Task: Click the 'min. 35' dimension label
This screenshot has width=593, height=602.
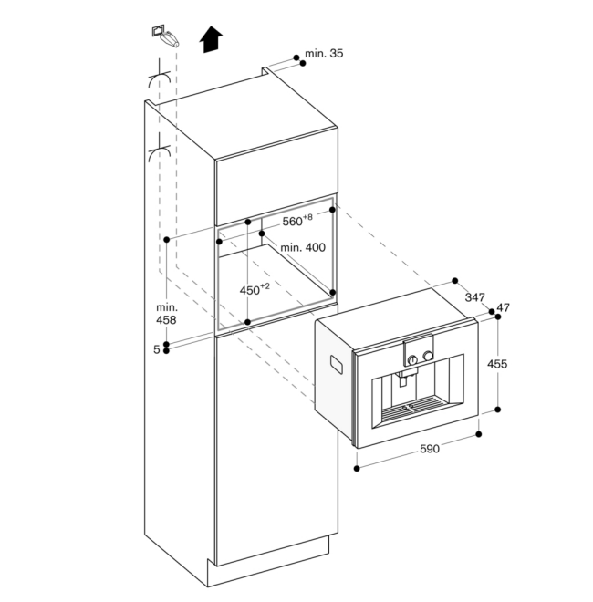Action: (x=324, y=55)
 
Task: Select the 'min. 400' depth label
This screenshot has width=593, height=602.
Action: (x=302, y=247)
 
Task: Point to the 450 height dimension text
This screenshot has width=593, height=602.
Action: (x=255, y=289)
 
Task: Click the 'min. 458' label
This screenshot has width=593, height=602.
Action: (x=165, y=314)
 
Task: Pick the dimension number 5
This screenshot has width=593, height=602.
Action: (x=156, y=349)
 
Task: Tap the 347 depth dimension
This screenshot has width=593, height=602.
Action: (x=474, y=297)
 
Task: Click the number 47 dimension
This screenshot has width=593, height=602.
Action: (x=503, y=307)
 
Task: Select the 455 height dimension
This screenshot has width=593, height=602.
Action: (x=497, y=364)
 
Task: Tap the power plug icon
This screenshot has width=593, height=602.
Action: (x=166, y=36)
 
